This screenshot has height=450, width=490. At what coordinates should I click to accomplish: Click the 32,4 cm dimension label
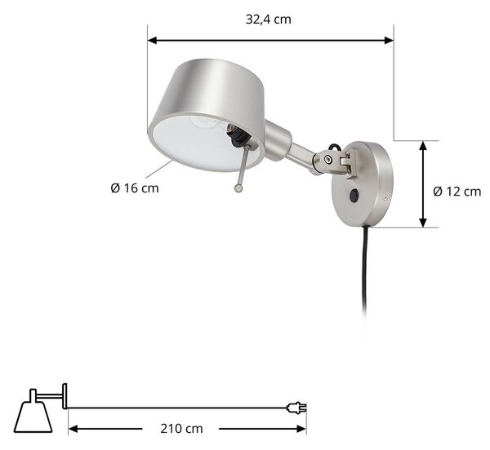click(x=269, y=20)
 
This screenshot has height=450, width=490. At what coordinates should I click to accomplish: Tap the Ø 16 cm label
click(x=135, y=188)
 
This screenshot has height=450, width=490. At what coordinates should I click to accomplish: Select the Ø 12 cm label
click(x=457, y=192)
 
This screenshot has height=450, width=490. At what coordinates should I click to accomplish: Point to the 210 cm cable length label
click(x=181, y=429)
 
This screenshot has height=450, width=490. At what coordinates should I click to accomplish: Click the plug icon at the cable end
click(x=296, y=408)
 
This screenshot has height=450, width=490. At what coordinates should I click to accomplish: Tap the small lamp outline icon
click(x=41, y=408)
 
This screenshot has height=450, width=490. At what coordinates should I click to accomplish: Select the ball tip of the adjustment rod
click(x=238, y=188)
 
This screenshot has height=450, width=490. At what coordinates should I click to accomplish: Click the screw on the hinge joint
click(x=327, y=159)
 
